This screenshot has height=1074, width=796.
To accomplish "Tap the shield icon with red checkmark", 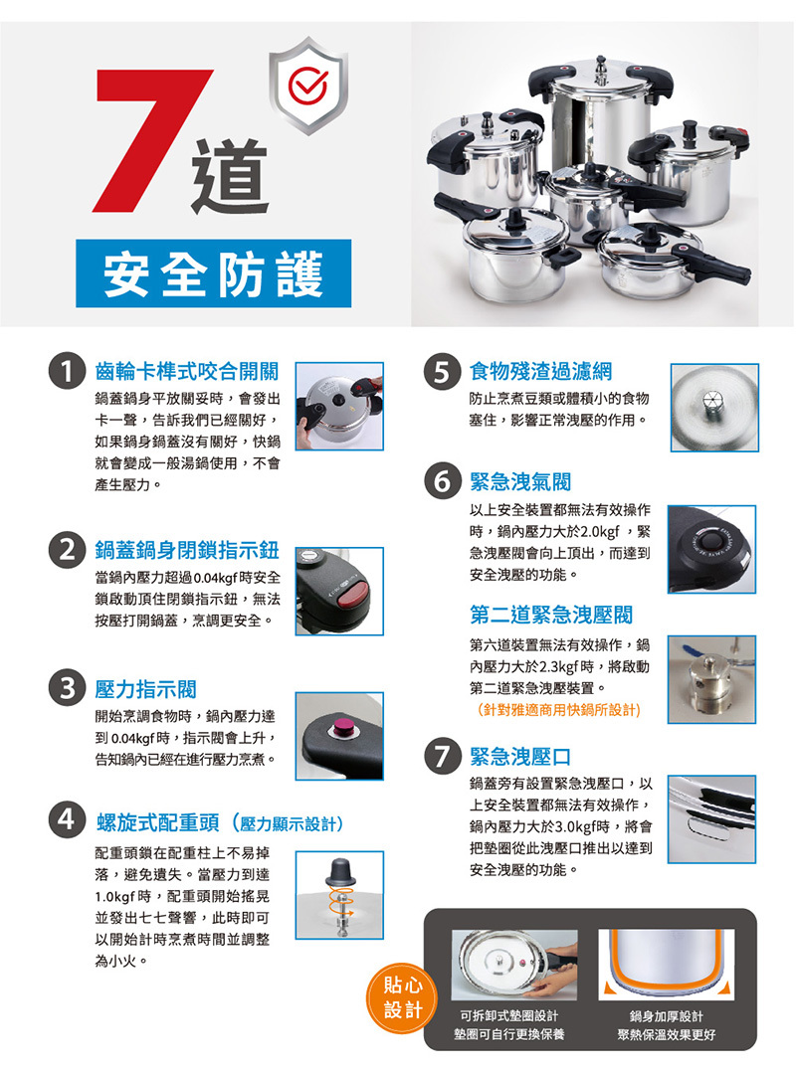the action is [x=307, y=85].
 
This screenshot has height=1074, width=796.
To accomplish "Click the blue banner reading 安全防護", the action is [x=213, y=273].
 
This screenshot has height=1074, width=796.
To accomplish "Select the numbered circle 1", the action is [x=67, y=372].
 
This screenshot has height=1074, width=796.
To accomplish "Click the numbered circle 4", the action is [x=67, y=819].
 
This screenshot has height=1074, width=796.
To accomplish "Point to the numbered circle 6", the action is [x=442, y=481].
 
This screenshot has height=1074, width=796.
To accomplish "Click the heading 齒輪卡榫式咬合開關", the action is [x=186, y=372].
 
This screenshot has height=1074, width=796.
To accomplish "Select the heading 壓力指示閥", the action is [x=145, y=689].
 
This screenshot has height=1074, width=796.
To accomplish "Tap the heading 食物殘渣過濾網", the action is [x=540, y=372].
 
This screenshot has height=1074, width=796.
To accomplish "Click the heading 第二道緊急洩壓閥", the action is [x=550, y=616].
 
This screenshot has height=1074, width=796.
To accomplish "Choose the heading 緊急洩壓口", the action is [x=519, y=757].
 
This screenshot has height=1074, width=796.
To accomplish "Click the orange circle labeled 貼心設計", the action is [x=402, y=997].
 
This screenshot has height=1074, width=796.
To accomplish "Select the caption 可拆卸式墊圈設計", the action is [x=508, y=1015].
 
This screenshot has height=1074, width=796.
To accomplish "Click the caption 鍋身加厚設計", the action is [x=666, y=1015].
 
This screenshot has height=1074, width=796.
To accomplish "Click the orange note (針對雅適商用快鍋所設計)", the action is [x=558, y=710].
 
